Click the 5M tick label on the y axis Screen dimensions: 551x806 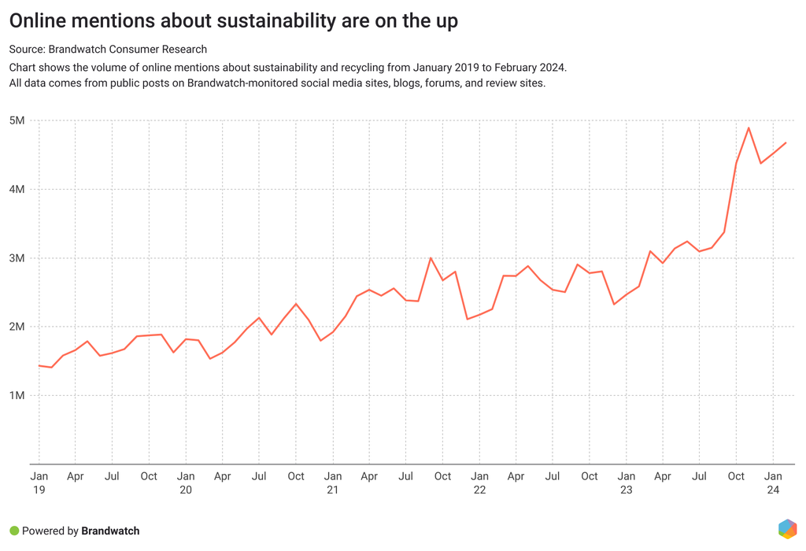coord(17,120)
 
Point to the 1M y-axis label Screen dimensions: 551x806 coord(17,395)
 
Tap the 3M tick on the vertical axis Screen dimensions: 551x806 coord(17,258)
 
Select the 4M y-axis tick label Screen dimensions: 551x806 coord(17,189)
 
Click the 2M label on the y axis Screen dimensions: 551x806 coord(17,327)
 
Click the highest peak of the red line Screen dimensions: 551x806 coord(749,128)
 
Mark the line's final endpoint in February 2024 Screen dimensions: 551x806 coord(786,142)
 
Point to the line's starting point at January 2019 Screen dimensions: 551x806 coord(39,365)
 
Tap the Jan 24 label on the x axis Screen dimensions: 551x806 coord(774,483)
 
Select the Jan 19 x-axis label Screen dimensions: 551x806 coord(39,483)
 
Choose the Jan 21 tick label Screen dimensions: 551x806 coord(333,483)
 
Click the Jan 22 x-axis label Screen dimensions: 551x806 coord(479,483)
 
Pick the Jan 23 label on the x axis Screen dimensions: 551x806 coord(627,483)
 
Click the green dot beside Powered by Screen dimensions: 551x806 coord(13,531)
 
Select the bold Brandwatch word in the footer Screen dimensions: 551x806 coord(110,531)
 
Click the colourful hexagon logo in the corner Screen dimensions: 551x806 coord(787,529)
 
